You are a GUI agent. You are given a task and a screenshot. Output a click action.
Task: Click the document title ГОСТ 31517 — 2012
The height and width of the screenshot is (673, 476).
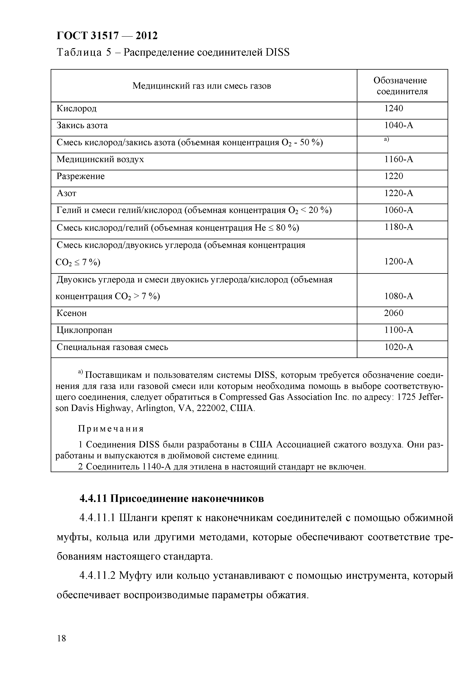click(107, 36)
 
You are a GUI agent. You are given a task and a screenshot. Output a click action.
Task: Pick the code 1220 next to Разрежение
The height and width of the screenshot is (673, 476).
click(394, 176)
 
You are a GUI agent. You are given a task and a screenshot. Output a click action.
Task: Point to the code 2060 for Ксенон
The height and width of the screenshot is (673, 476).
click(394, 313)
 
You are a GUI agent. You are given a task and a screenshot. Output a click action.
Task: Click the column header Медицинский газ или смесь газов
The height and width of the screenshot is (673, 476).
click(202, 86)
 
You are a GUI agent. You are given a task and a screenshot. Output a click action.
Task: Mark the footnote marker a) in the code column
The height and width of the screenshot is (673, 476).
click(386, 140)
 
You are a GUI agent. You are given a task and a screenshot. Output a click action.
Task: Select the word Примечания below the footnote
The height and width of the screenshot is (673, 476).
click(111, 429)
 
